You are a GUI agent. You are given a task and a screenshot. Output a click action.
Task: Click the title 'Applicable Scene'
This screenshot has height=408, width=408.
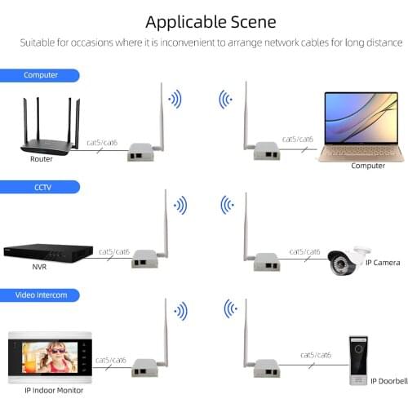[x=211, y=20]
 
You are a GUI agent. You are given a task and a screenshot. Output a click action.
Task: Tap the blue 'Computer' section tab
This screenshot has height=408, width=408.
[x=40, y=75]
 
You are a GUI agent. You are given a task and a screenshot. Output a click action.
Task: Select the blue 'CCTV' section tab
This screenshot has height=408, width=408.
[x=40, y=187]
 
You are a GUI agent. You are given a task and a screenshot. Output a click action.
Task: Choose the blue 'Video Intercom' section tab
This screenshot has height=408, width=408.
[x=40, y=295]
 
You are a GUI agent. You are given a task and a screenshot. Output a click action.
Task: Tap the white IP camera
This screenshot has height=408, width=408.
[x=349, y=259]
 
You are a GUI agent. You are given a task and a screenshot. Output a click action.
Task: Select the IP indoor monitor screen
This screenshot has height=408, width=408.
[x=48, y=356]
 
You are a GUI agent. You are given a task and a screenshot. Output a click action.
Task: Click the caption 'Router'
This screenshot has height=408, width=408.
[x=42, y=161]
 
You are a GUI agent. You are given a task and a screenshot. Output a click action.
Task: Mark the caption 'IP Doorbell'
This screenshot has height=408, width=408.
[x=388, y=380]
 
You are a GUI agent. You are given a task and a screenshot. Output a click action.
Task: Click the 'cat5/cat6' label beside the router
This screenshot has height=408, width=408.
[x=102, y=143]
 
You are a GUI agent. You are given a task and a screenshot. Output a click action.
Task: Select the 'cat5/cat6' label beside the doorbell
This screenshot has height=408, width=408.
[x=316, y=355]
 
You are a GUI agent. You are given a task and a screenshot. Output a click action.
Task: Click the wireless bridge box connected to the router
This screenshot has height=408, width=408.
[x=140, y=152]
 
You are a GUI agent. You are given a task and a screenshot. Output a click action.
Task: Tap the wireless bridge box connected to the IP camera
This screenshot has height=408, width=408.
[x=266, y=261]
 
